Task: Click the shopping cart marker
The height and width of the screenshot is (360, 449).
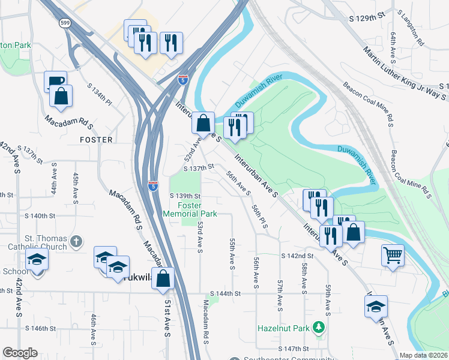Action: [393, 255]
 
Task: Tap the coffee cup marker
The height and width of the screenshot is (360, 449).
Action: [55, 82]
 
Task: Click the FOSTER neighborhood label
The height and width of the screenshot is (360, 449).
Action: [96, 140]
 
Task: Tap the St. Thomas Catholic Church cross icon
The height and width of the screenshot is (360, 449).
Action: [76, 241]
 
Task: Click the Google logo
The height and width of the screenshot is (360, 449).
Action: [20, 353]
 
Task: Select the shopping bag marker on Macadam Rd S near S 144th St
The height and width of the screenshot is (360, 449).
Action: [163, 278]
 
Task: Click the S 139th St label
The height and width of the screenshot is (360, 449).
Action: [184, 196]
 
